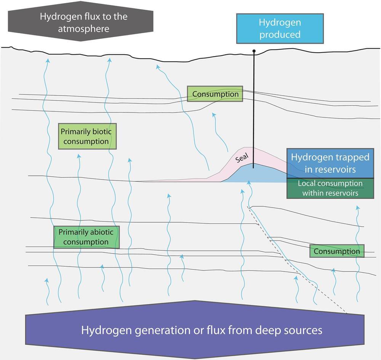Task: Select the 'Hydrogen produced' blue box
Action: (x=280, y=29)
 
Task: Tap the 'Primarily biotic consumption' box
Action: (x=87, y=136)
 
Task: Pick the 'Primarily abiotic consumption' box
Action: (x=86, y=237)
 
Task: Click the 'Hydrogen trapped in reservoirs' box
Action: (x=330, y=163)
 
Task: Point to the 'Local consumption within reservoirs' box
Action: (x=330, y=188)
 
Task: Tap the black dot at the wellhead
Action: (x=254, y=51)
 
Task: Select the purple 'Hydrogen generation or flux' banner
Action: (x=194, y=329)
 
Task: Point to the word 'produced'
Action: (x=280, y=34)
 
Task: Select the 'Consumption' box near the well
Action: (x=215, y=94)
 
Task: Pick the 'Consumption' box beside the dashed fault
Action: (x=337, y=251)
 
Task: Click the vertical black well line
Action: (x=254, y=107)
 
